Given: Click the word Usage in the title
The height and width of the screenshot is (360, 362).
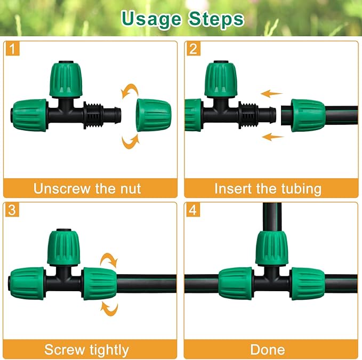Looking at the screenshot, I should point(150,19).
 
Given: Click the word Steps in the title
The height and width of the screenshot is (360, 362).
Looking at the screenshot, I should point(215,19).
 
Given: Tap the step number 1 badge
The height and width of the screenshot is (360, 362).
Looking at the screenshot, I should point(12,50).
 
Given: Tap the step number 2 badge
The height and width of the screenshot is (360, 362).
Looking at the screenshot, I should point(193,50).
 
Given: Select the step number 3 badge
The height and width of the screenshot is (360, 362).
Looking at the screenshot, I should point(12,210).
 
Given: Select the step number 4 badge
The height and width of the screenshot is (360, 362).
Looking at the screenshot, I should point(193,210).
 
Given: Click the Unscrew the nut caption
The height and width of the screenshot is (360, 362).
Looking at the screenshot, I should point(87,188).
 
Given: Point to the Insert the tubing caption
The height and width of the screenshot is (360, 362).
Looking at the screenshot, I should point(268,188).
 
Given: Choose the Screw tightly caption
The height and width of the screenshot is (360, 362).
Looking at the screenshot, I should point(87,349).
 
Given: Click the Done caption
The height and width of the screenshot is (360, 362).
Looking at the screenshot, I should point(268,349).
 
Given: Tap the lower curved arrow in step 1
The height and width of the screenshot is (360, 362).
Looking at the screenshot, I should point(130,141).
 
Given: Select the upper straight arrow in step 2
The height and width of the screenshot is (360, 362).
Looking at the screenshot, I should point(272,93).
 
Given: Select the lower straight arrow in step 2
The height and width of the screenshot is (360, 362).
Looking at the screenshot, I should point(273,137).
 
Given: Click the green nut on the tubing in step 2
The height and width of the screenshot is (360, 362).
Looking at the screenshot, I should point(308,115).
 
